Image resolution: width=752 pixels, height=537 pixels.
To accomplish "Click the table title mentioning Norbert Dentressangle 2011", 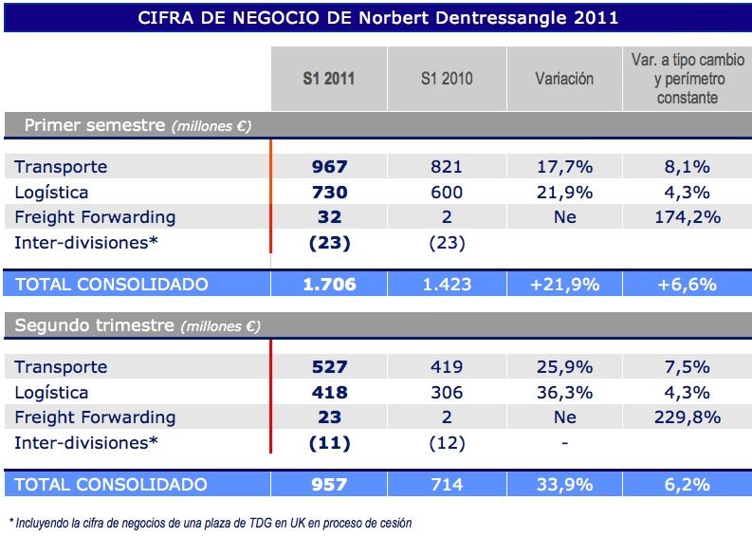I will [377, 17].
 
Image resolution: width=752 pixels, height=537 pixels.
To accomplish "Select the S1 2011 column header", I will [328, 79].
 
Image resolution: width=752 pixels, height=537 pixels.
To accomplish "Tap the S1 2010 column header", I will [446, 79].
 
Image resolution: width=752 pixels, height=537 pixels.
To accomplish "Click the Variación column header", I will [564, 79].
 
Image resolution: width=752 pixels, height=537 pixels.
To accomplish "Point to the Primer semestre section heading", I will [137, 125].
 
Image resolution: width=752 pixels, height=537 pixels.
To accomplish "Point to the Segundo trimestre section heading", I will [137, 325].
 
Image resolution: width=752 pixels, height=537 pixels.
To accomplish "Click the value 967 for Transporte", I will [329, 167].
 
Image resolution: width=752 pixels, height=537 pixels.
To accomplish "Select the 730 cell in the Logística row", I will [329, 193].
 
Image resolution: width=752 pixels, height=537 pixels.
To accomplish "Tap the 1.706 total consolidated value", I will [329, 284].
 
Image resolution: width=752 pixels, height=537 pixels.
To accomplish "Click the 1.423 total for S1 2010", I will [446, 284].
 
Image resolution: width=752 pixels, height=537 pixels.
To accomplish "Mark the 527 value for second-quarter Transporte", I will [329, 367].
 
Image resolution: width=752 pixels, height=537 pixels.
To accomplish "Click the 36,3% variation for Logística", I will [564, 393].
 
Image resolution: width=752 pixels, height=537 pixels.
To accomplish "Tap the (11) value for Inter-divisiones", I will [329, 443].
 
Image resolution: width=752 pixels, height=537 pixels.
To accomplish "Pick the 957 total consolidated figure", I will [329, 485].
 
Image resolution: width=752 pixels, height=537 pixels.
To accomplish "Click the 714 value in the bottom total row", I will [446, 485].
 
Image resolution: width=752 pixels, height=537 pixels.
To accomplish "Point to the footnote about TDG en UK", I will [211, 522].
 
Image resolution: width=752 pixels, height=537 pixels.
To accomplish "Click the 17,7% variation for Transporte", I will [564, 167].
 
